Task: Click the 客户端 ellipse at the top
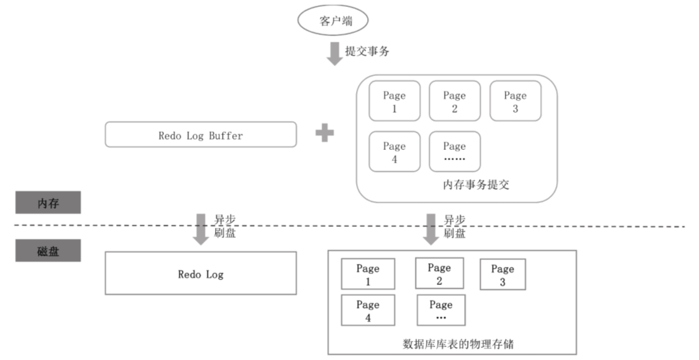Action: (334, 21)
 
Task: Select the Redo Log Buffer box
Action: (201, 134)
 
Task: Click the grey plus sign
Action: (325, 133)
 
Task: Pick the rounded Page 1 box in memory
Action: (394, 101)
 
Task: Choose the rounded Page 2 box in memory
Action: (454, 101)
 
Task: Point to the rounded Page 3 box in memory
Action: (515, 101)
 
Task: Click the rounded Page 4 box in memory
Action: (394, 151)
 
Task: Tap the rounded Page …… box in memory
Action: (454, 151)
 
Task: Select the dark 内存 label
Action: (48, 203)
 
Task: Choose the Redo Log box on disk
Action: (201, 273)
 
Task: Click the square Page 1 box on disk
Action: (368, 274)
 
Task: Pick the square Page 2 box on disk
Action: (439, 274)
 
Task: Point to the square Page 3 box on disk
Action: (503, 274)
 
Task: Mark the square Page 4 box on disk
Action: (368, 310)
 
